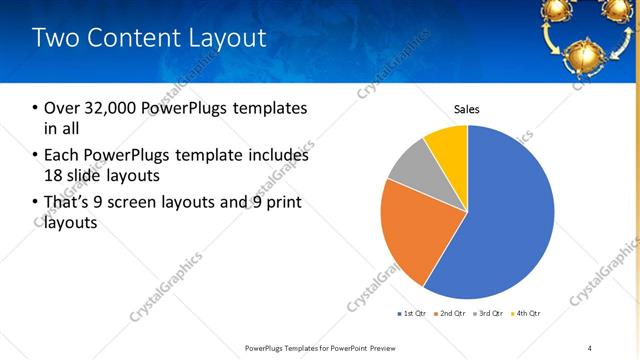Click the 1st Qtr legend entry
[413, 314]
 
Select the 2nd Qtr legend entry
[452, 314]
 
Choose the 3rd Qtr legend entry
[490, 314]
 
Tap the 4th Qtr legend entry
[527, 314]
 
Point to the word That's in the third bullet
[68, 203]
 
